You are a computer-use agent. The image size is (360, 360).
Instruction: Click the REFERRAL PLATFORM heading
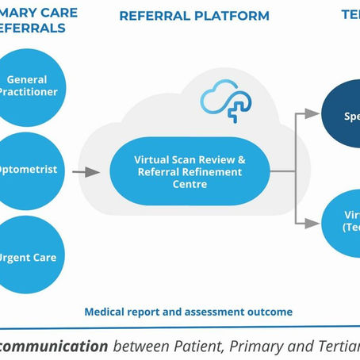point(193,16)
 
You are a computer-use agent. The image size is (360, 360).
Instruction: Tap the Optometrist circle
point(28,170)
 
